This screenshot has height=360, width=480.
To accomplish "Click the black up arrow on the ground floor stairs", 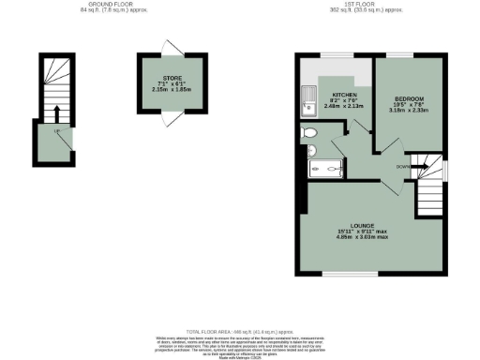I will pos(57,112).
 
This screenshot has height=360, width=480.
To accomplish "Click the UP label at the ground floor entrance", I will pos(58,132).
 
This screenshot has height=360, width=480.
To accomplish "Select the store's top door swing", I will pos(169,48).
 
